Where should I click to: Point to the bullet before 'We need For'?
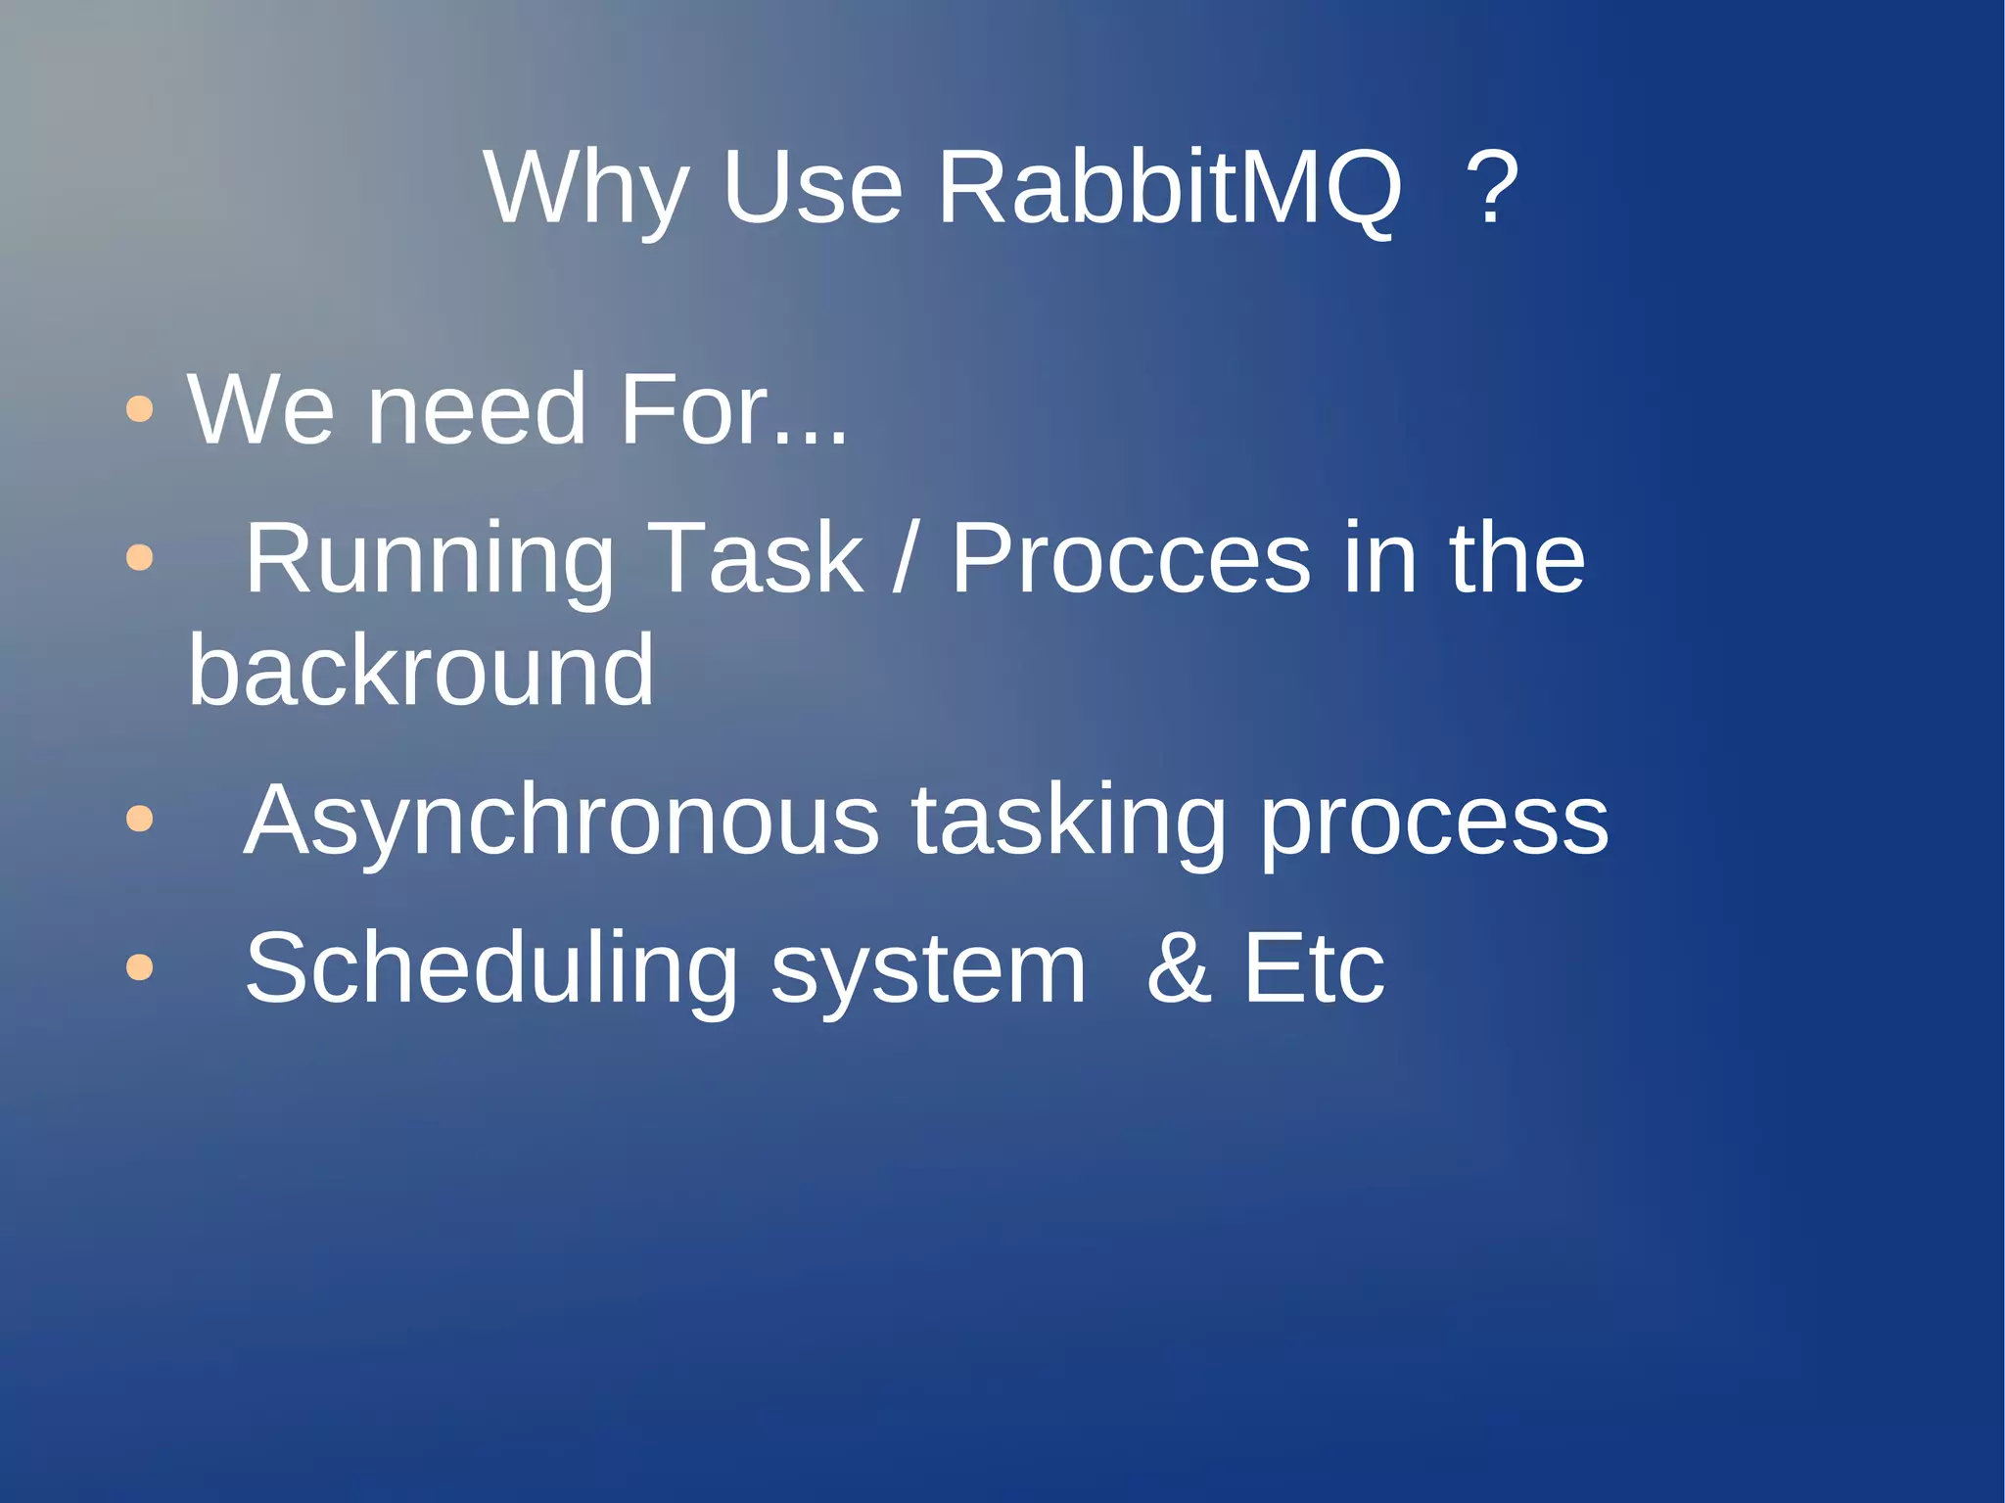coord(140,408)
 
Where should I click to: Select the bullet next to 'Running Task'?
coord(140,557)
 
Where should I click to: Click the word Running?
coord(429,561)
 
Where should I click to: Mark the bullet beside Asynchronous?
coord(140,818)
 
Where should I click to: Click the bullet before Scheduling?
coord(140,966)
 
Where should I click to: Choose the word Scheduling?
coord(490,970)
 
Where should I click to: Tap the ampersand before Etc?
coord(1179,968)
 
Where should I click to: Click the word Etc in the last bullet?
coord(1314,968)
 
